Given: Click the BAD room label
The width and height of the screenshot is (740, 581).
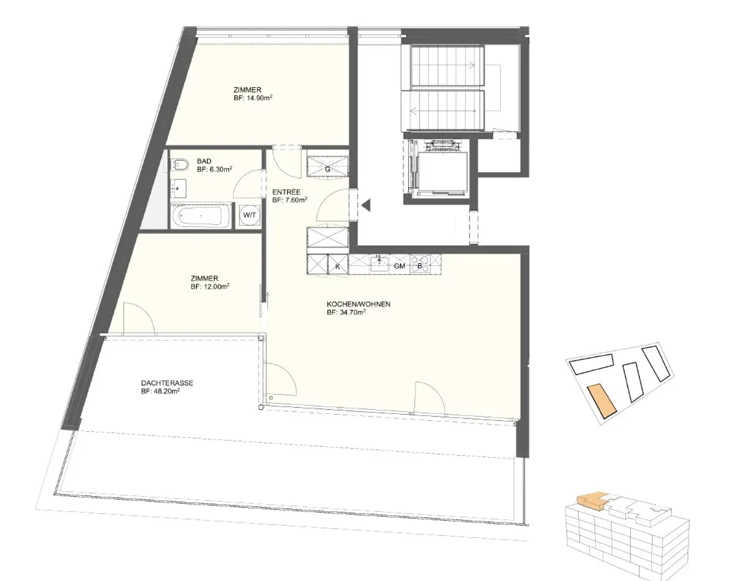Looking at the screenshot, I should (204, 161).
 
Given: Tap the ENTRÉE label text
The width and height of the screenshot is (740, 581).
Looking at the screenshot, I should (286, 192).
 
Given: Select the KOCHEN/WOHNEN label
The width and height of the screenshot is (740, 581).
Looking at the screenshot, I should (358, 304).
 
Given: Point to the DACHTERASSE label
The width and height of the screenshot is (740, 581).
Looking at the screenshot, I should (167, 383).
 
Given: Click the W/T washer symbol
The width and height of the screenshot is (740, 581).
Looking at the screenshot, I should (250, 215).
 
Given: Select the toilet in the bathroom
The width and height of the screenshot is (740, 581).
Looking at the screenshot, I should (178, 166).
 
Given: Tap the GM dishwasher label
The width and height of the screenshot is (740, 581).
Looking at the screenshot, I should (399, 266).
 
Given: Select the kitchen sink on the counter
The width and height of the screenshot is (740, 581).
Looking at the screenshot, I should (379, 263).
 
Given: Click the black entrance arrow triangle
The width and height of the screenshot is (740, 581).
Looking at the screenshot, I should (365, 206).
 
